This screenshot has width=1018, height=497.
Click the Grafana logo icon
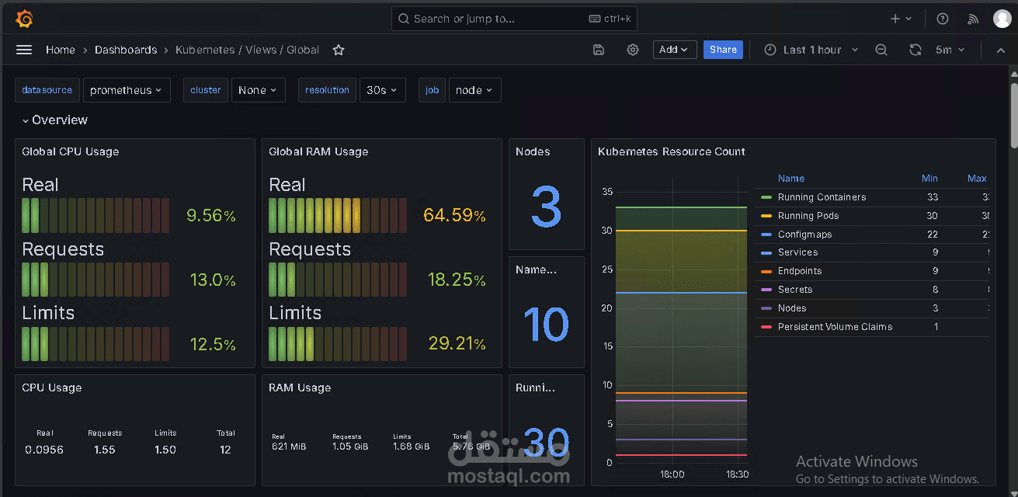[24, 18]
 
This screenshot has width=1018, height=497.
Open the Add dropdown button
[674, 50]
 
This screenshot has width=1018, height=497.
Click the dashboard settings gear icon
[633, 50]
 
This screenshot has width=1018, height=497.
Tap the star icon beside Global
[339, 50]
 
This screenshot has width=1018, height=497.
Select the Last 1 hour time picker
[811, 50]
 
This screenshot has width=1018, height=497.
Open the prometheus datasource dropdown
[127, 90]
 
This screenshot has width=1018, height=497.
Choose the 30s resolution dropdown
[382, 90]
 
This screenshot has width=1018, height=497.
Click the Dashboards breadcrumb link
[126, 50]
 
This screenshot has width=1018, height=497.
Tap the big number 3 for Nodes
[546, 207]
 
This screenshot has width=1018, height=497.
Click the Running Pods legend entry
[808, 216]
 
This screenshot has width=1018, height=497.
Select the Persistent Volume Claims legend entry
[835, 327]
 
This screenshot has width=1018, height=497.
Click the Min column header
[929, 179]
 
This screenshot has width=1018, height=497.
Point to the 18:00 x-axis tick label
[672, 474]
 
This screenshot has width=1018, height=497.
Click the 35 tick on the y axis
[607, 192]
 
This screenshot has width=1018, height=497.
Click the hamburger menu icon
[24, 50]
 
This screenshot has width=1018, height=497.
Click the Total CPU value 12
[225, 450]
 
